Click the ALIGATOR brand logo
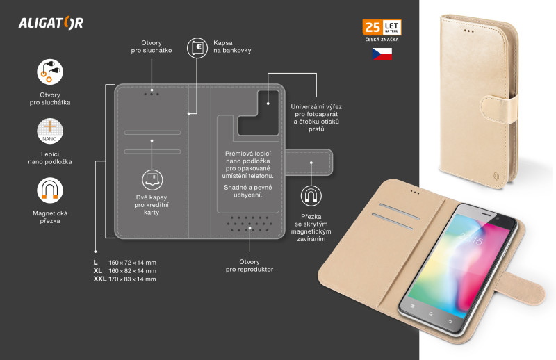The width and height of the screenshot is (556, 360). click(x=51, y=23)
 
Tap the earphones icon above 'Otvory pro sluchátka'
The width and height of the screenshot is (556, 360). click(x=50, y=72)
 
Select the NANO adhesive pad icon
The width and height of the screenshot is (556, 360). click(x=50, y=131)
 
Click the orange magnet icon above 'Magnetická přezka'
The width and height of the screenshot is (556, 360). click(x=50, y=190)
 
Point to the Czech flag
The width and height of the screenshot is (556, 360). click(x=382, y=54)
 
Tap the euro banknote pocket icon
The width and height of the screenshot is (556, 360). click(x=197, y=48)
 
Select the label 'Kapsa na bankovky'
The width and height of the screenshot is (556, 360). click(x=232, y=47)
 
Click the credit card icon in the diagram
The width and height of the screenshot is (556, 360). click(x=152, y=180)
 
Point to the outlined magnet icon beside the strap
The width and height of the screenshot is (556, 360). click(x=311, y=196)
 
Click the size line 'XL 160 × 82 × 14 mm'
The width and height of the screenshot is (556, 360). click(x=125, y=270)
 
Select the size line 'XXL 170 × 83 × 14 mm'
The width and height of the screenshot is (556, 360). click(x=125, y=279)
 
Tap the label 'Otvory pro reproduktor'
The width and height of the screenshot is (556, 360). click(x=250, y=265)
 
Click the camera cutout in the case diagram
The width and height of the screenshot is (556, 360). click(x=258, y=113)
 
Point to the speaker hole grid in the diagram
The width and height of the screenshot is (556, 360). click(x=250, y=224)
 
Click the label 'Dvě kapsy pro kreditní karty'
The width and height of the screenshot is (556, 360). click(x=152, y=204)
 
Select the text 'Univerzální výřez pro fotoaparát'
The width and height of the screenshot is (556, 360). click(x=316, y=111)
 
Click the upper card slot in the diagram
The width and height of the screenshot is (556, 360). click(x=152, y=133)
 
